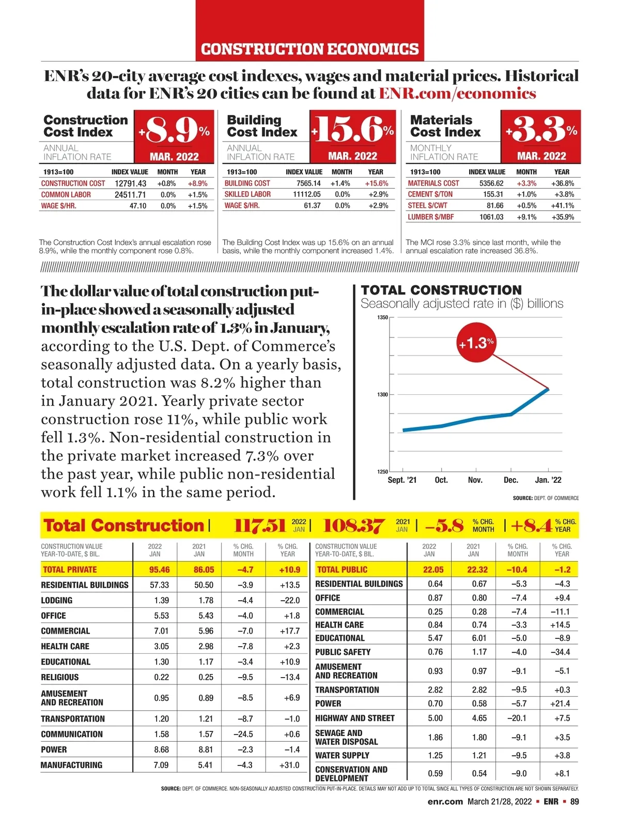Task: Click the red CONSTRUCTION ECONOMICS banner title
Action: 309,49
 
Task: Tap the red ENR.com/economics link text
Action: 457,94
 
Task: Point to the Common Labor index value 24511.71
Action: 130,195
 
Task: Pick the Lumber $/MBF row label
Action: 430,217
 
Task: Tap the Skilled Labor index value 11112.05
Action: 306,194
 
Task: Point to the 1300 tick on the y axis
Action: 382,394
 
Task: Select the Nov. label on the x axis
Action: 475,480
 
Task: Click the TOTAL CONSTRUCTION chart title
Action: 441,290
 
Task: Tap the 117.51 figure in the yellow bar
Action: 259,526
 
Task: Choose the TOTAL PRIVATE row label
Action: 70,570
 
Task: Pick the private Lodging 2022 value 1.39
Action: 161,601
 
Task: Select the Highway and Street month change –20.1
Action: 518,718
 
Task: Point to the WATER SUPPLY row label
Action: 342,756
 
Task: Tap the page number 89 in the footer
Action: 574,802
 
